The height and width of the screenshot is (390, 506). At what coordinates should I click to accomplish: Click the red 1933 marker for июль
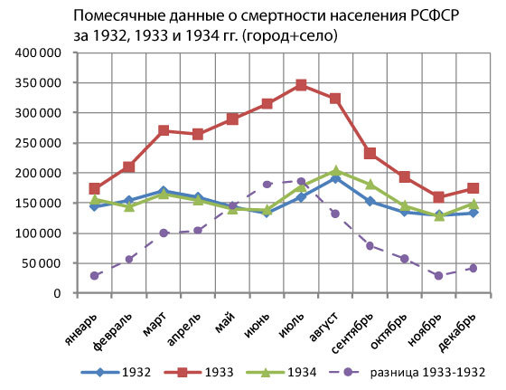301,85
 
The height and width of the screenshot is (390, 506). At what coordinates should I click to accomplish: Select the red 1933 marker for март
164,130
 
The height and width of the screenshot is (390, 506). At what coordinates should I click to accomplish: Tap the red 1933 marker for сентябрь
370,153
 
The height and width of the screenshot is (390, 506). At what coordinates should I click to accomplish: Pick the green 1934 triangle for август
335,171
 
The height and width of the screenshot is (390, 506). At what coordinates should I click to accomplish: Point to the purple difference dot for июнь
267,185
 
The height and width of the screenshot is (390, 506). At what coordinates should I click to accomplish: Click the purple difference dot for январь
95,276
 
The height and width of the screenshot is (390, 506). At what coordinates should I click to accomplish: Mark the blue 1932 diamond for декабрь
473,213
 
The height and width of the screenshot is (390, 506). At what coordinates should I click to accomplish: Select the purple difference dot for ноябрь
438,276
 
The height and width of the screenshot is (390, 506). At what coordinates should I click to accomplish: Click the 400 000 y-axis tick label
38,52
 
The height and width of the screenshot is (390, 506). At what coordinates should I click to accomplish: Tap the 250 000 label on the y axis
38,143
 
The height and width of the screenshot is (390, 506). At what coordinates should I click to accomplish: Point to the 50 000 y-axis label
42,263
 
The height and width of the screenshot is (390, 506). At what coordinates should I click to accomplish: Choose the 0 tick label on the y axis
57,293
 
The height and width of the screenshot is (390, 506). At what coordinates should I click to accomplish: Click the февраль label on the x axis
113,332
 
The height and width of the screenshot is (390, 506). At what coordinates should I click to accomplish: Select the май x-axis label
225,323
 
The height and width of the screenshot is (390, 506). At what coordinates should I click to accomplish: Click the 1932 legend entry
116,372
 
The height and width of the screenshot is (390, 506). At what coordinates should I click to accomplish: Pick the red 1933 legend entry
199,372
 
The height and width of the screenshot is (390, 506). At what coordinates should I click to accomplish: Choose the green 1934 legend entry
281,372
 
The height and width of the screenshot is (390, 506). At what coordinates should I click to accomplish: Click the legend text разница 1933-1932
427,372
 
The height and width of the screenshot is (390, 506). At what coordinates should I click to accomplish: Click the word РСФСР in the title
435,15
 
